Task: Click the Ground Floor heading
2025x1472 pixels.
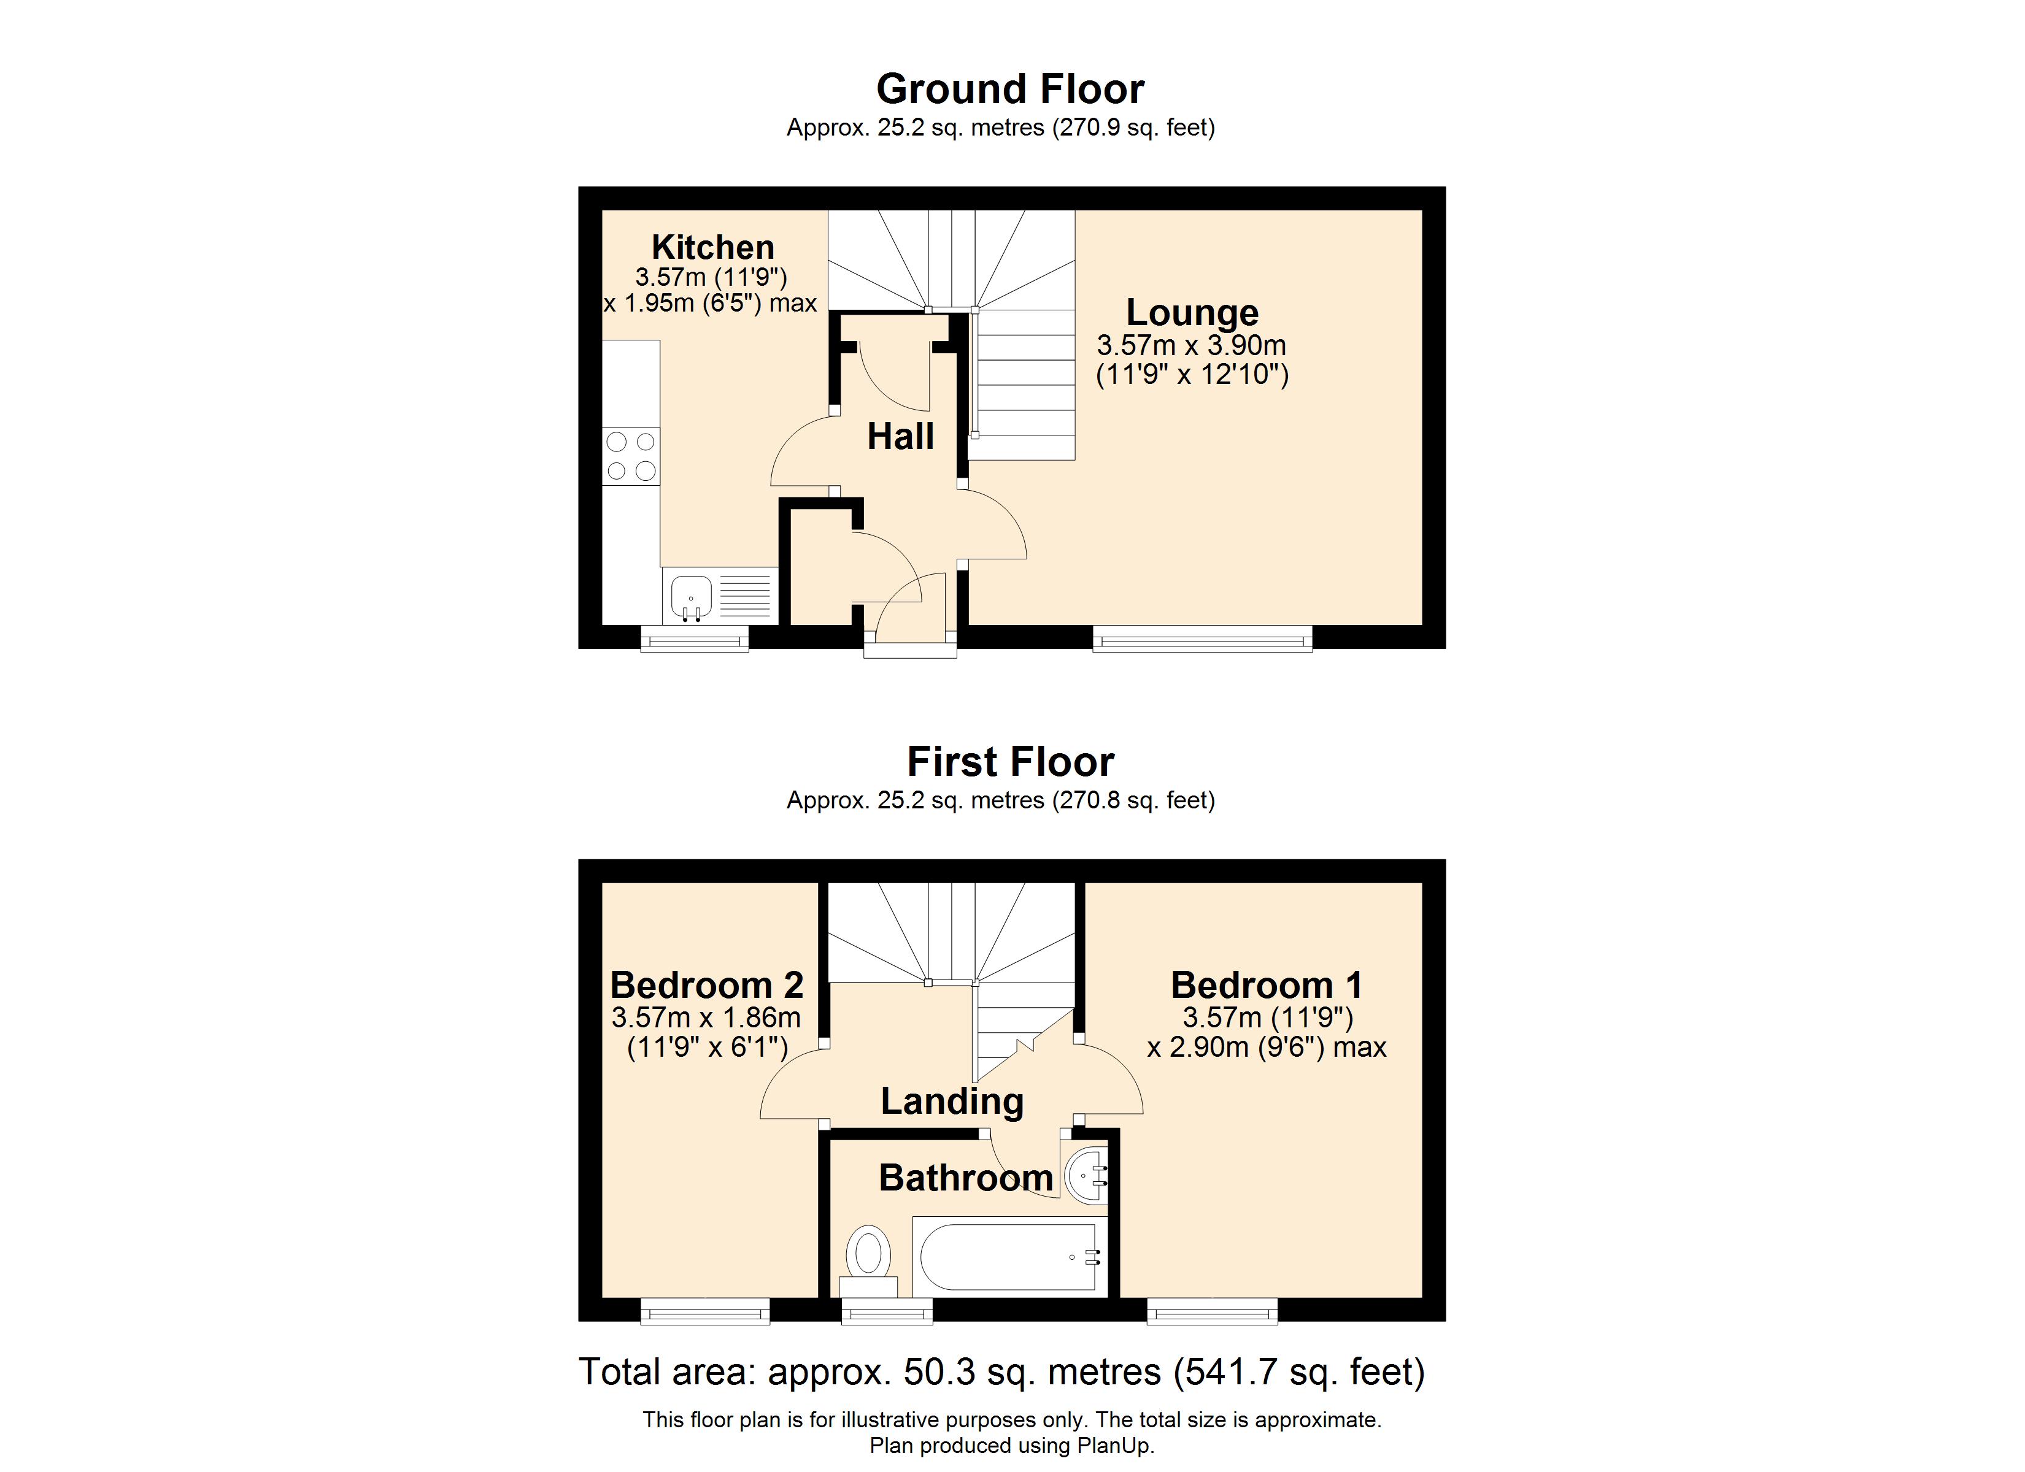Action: pos(1010,90)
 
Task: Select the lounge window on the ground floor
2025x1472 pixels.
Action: pos(1203,638)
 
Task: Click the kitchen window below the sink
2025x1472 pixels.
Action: pos(695,638)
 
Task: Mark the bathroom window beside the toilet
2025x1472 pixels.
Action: pos(887,1311)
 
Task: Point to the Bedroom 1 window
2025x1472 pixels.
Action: pos(1213,1311)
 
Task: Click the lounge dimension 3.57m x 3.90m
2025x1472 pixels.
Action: pos(1192,345)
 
